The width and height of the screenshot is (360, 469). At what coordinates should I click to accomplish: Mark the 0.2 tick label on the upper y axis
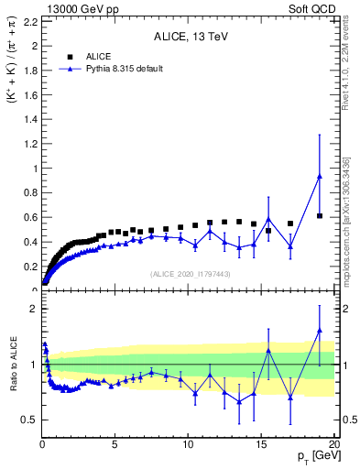28,267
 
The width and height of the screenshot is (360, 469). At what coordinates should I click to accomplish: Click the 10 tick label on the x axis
188,445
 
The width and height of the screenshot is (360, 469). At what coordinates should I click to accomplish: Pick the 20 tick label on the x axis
333,445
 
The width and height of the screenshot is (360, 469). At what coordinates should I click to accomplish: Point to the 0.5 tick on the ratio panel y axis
28,420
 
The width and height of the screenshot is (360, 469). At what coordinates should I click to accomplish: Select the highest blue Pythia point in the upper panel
320,177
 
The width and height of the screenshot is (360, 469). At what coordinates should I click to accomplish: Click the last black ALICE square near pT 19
320,215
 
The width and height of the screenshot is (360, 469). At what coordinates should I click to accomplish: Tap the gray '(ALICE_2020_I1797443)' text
189,274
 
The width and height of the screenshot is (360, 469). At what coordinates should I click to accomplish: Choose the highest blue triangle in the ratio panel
320,331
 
